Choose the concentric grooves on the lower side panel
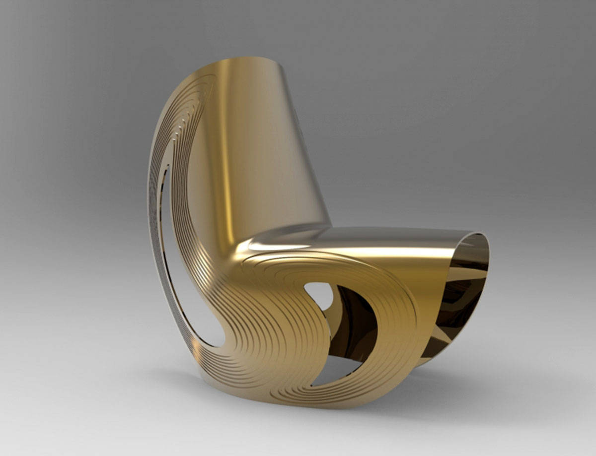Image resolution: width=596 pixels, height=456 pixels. coord(278,347)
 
